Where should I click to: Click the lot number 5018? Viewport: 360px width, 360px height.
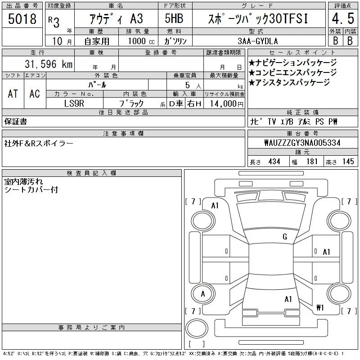tap(22, 19)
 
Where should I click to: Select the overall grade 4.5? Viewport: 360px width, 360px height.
tap(343, 18)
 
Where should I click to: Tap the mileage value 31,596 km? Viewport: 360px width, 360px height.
tap(49, 64)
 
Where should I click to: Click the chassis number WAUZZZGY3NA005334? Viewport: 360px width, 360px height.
tap(302, 143)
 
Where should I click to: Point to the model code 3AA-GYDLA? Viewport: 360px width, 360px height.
tap(258, 41)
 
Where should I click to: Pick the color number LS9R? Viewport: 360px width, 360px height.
tap(74, 103)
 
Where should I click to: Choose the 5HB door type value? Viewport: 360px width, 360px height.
tap(174, 18)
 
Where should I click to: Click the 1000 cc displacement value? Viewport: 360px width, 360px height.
tap(141, 41)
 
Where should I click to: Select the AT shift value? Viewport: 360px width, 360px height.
tap(13, 94)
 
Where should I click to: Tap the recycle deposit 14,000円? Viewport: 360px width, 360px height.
tap(227, 103)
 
